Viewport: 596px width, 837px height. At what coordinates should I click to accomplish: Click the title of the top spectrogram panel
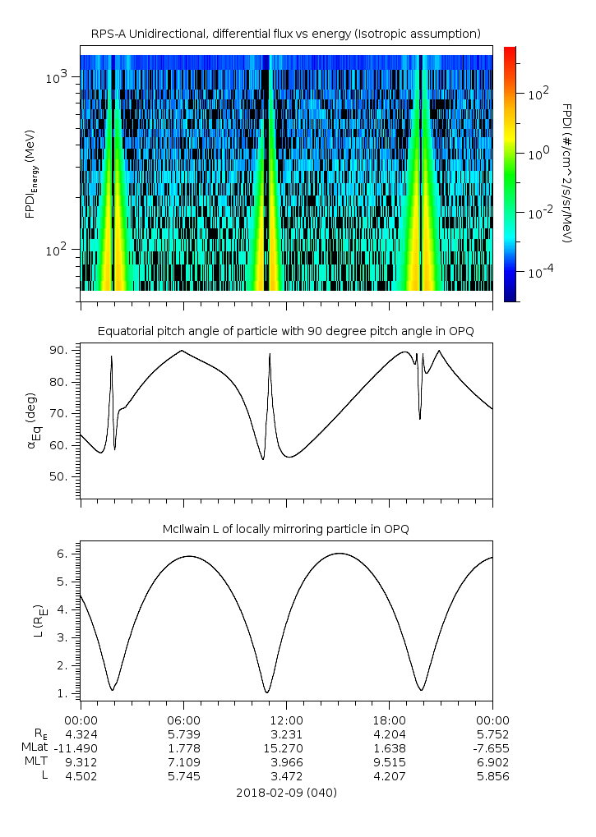[x=285, y=34]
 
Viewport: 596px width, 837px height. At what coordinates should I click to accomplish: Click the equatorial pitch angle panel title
[x=285, y=331]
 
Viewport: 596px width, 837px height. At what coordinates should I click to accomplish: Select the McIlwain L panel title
[x=285, y=529]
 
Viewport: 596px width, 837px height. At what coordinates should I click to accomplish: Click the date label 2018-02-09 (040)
[x=285, y=793]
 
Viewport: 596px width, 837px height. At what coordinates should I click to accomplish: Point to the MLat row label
[x=35, y=747]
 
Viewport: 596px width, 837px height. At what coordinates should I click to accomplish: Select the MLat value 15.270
[x=285, y=747]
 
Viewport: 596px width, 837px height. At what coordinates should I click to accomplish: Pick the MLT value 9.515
[x=389, y=761]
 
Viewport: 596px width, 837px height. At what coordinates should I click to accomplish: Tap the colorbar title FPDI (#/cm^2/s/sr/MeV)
[x=566, y=172]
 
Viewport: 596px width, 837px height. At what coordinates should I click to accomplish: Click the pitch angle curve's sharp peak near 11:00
[x=270, y=354]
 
